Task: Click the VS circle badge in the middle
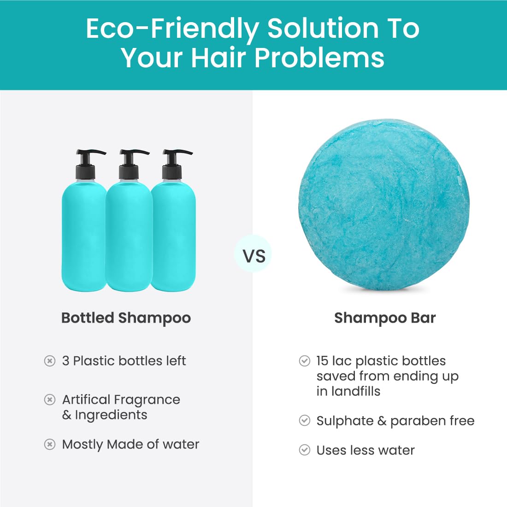coord(253,253)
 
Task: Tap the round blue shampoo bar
coord(384,205)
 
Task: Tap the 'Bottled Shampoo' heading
coord(126,318)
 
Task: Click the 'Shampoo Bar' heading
coord(385,318)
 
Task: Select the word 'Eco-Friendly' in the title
coord(172,29)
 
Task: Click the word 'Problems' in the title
coord(319,58)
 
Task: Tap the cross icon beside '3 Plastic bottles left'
coord(49,361)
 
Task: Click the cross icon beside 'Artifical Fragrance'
coord(49,400)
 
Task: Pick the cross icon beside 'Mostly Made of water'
coord(49,444)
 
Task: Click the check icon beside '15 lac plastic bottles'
coord(304,361)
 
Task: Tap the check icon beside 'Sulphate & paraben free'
coord(304,420)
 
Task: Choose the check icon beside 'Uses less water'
coord(304,450)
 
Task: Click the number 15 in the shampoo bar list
coord(322,361)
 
